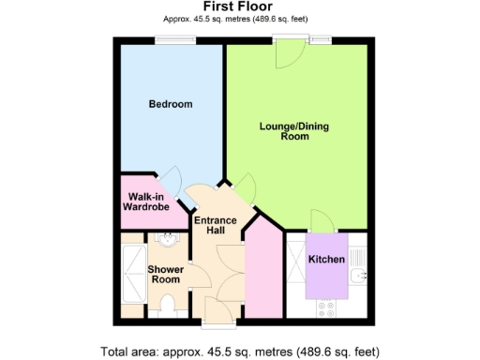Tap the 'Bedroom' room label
tap(171, 104)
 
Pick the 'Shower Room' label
tap(165, 275)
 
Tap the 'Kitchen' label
tap(327, 259)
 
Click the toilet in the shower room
tap(166, 305)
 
